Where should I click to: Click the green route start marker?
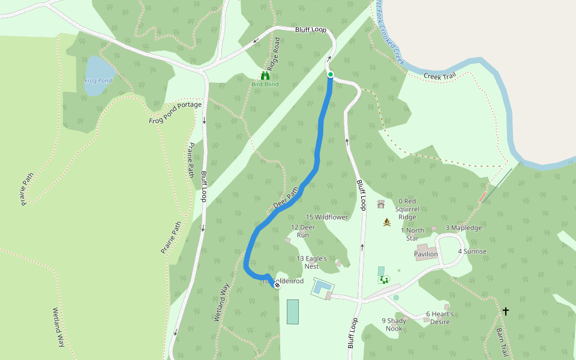click(x=330, y=74)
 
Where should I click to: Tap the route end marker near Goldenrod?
click(x=277, y=285)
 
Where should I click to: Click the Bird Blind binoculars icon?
click(x=265, y=76)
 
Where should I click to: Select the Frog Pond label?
click(x=98, y=80)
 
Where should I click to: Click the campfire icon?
click(x=387, y=223)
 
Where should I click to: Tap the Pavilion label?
click(x=426, y=254)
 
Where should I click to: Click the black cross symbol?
click(x=506, y=311)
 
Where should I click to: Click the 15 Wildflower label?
click(x=327, y=217)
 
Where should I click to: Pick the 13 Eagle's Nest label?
click(x=312, y=262)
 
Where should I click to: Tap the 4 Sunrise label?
click(x=472, y=251)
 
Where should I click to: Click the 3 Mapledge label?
click(x=463, y=228)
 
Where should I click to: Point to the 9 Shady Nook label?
click(x=394, y=324)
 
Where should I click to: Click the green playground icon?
click(x=383, y=280)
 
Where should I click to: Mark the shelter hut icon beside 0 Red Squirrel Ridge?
click(x=380, y=204)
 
